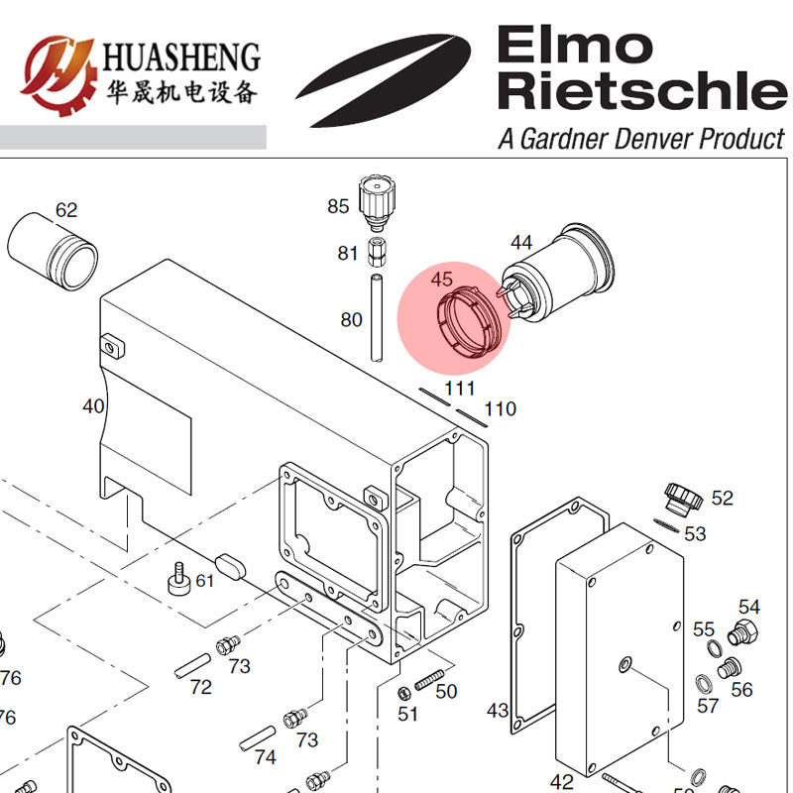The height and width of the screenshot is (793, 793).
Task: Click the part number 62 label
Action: [66, 210]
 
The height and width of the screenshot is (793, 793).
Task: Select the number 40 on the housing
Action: [93, 406]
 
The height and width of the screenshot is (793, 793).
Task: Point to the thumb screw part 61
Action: [178, 579]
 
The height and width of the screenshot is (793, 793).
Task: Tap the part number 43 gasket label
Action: [499, 711]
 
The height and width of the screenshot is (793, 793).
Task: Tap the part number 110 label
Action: [501, 408]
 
